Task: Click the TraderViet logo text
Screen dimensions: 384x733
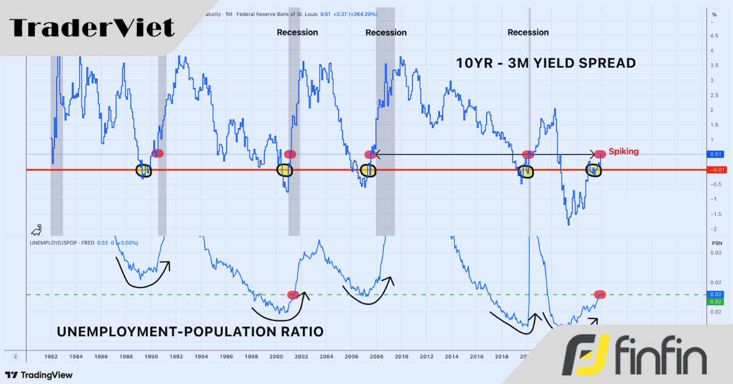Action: tap(92, 28)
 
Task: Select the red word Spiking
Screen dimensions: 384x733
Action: tap(624, 151)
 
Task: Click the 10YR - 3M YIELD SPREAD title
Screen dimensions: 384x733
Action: tap(545, 63)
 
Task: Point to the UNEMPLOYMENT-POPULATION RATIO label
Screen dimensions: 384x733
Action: tap(190, 331)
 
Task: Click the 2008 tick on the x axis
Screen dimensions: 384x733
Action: tap(376, 356)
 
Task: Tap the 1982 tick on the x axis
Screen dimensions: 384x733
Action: tap(51, 356)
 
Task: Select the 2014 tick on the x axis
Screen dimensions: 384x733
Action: tap(451, 356)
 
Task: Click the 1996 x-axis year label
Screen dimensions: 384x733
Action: tap(226, 356)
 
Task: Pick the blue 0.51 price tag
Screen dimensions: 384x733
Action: tap(714, 155)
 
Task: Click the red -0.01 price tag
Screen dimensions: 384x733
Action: tap(714, 169)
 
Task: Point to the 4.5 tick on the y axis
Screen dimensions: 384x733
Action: tap(712, 35)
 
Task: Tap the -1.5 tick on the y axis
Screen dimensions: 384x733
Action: tap(712, 214)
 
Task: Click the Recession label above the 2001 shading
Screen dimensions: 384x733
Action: tap(297, 32)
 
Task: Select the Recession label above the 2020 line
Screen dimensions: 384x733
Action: tap(528, 32)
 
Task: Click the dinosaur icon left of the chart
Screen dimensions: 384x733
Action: tap(36, 230)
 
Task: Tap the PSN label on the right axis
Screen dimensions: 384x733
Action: tap(717, 243)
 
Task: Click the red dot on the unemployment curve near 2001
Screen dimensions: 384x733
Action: tap(293, 295)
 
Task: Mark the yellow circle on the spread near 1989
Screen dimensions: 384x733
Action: tap(144, 171)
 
